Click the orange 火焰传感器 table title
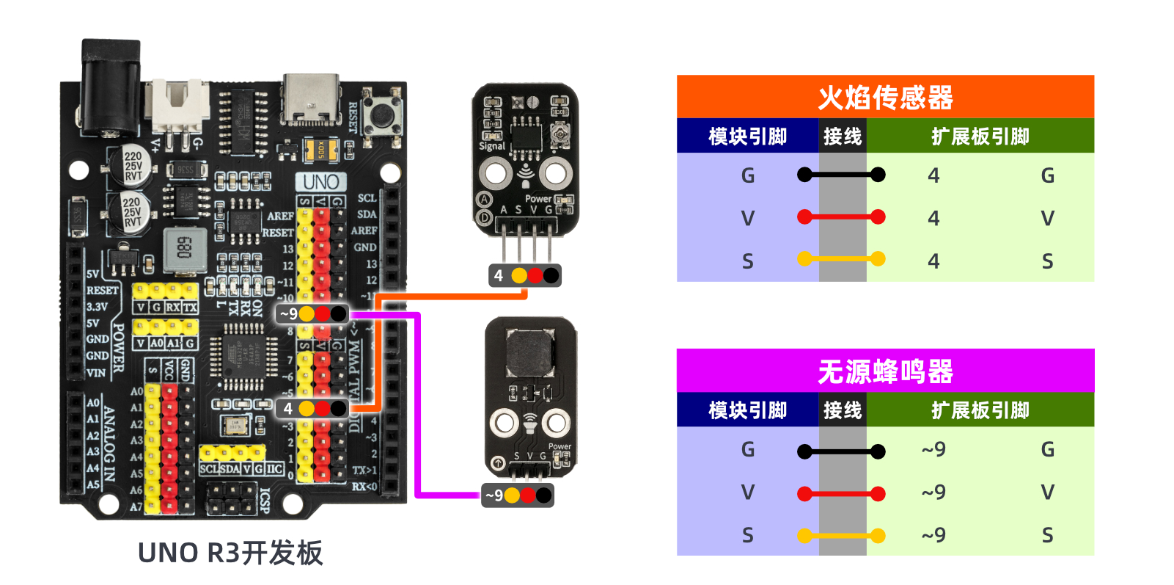pyautogui.click(x=885, y=97)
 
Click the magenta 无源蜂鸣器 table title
pyautogui.click(x=885, y=371)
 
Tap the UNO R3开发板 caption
pyautogui.click(x=230, y=553)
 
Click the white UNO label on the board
pyautogui.click(x=320, y=182)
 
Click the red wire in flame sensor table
pyautogui.click(x=841, y=217)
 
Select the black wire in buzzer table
pyautogui.click(x=841, y=451)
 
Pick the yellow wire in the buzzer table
pyautogui.click(x=841, y=536)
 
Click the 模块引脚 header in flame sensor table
pyautogui.click(x=747, y=137)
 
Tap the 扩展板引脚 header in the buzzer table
pyautogui.click(x=980, y=410)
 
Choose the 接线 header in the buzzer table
pyautogui.click(x=842, y=410)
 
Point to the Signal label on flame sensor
pyautogui.click(x=491, y=146)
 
